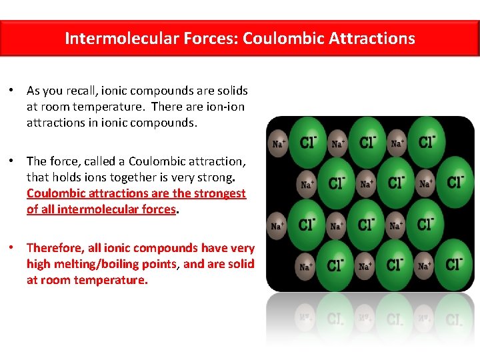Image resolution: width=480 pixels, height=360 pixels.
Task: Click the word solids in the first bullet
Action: pyautogui.click(x=231, y=90)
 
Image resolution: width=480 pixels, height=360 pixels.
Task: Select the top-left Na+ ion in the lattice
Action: pyautogui.click(x=277, y=143)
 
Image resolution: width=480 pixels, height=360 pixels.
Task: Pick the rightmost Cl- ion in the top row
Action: pyautogui.click(x=427, y=142)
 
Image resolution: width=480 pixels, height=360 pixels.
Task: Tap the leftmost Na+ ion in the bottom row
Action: pyautogui.click(x=306, y=266)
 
